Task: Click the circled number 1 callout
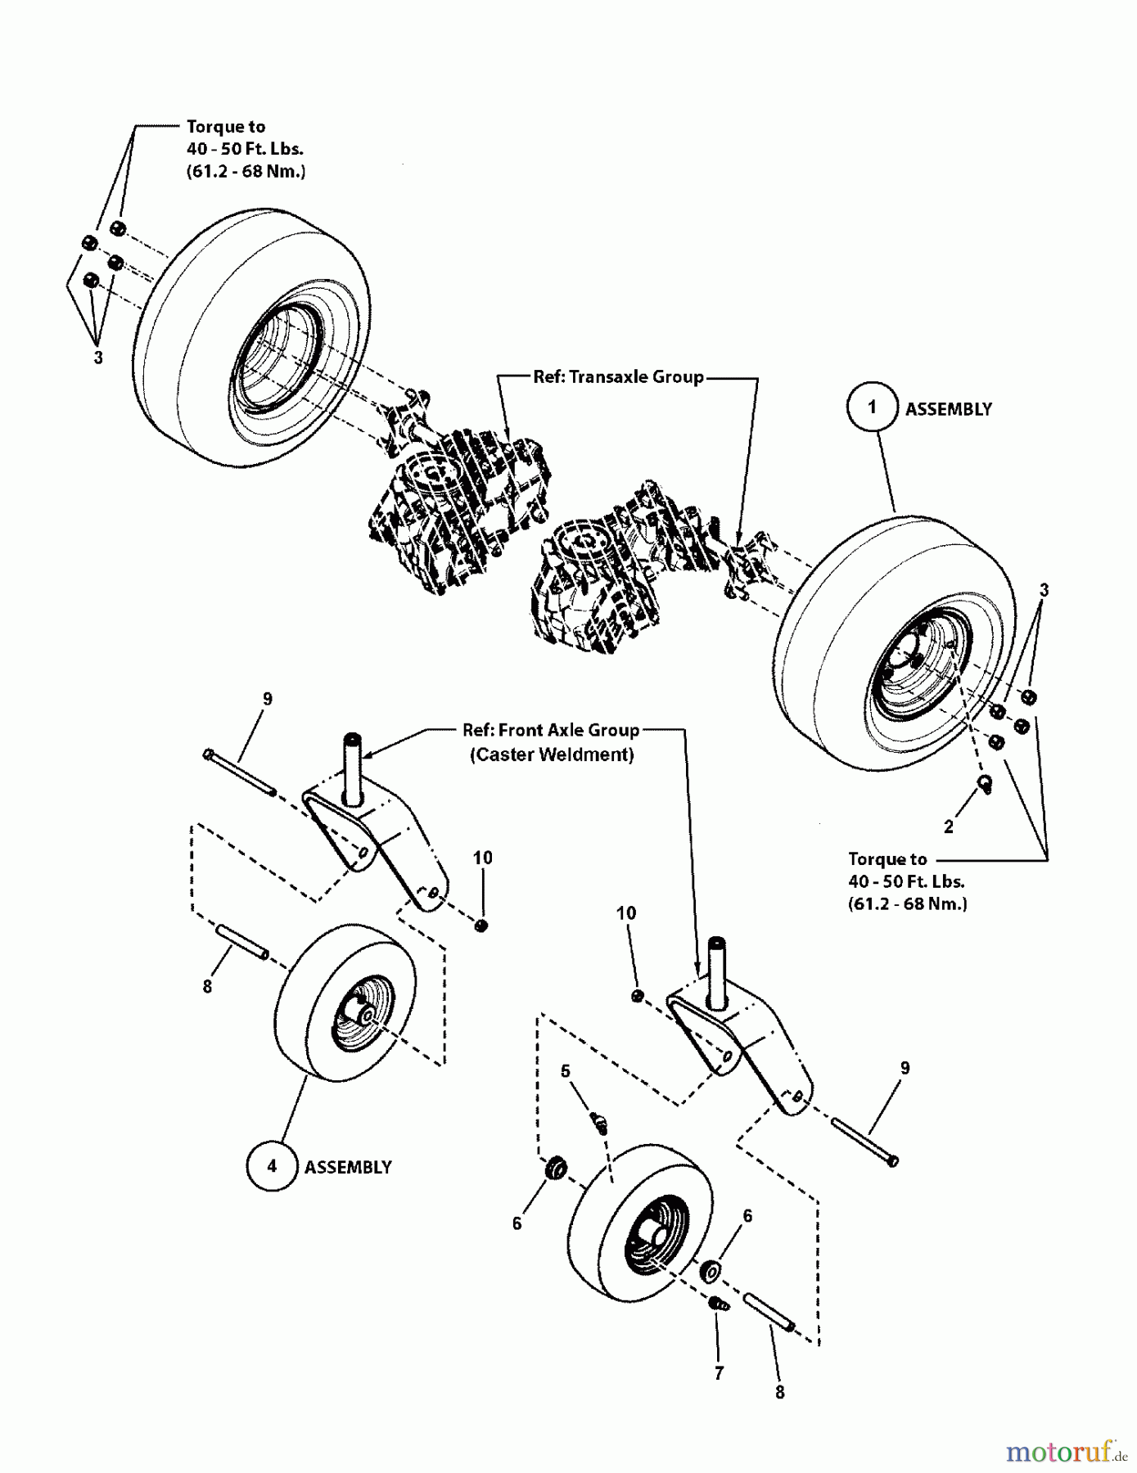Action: (872, 407)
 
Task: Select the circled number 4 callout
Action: (272, 1165)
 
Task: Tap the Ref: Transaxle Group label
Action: (618, 376)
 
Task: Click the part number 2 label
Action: (948, 827)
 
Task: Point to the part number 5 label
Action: (566, 1072)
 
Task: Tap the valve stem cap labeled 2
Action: (986, 784)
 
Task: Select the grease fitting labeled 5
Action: (599, 1122)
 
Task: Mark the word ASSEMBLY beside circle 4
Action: (348, 1167)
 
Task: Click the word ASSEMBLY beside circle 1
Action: (948, 409)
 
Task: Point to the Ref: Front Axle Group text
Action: (551, 730)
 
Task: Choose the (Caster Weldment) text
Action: (552, 755)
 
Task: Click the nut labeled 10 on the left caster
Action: (481, 925)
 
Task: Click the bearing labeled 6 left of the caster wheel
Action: (556, 1168)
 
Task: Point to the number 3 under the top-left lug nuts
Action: (98, 358)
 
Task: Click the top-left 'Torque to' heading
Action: (226, 127)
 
